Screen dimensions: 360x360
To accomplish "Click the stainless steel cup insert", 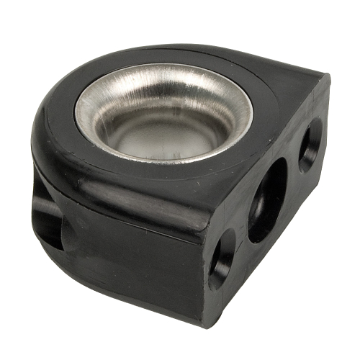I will click(x=164, y=115).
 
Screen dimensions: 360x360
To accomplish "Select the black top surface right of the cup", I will click(x=277, y=97).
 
